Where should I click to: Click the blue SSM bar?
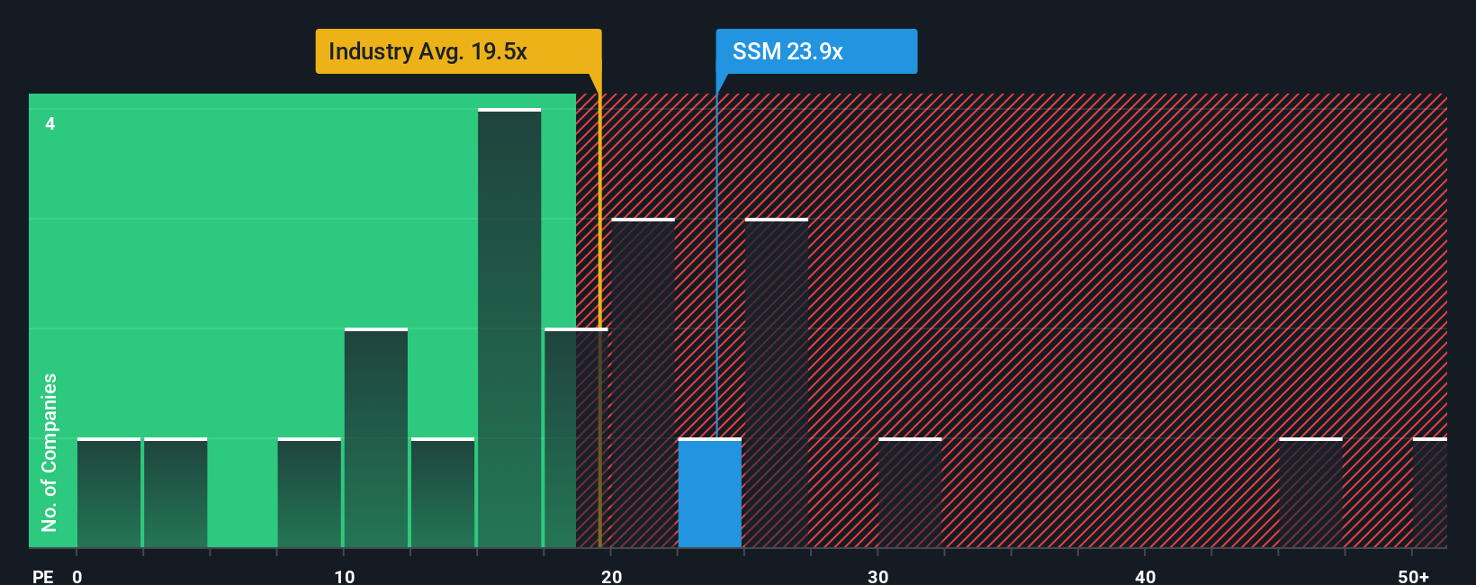click(709, 493)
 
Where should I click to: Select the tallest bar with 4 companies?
click(509, 328)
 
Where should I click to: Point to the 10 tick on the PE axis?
click(344, 576)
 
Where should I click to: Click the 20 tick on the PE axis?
click(611, 576)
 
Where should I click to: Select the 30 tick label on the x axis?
click(877, 576)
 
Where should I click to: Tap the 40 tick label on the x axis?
click(1145, 576)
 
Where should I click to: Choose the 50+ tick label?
click(1413, 576)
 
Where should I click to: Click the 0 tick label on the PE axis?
click(77, 576)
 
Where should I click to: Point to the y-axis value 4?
click(50, 123)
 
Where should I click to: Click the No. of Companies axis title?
click(49, 452)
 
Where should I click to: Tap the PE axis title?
click(42, 576)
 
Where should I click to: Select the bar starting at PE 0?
click(109, 493)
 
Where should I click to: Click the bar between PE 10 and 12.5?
click(376, 438)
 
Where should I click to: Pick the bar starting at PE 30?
click(910, 493)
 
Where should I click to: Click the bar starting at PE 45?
click(1310, 493)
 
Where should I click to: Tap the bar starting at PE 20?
click(643, 383)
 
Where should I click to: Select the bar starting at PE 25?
click(777, 383)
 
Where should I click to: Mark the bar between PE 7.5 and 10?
click(310, 493)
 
